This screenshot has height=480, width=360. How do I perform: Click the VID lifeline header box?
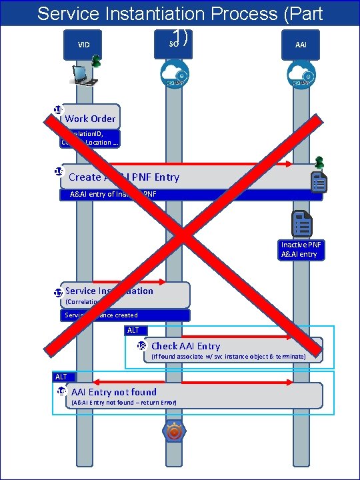[83, 45]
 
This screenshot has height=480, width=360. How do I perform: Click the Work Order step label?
[90, 119]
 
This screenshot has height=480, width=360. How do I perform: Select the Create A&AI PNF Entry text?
[123, 177]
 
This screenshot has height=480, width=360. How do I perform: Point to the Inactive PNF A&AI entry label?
[302, 249]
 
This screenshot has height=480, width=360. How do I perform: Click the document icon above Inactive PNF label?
[302, 223]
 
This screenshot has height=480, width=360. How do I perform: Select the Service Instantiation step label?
[109, 291]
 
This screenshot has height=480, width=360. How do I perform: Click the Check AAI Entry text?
[185, 345]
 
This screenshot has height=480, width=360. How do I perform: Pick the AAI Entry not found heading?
[114, 392]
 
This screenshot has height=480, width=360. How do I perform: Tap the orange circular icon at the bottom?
[174, 433]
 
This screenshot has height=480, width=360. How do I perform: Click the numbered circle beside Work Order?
[58, 111]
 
